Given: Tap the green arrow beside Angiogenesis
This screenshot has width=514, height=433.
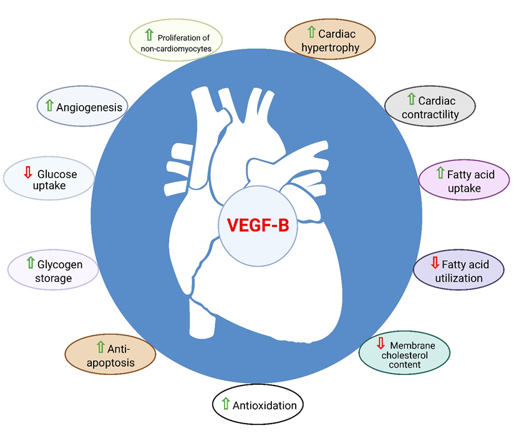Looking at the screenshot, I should click(49, 106).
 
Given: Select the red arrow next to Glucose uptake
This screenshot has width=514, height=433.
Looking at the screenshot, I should click(27, 172).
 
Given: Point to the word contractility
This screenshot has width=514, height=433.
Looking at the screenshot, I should click(430, 114).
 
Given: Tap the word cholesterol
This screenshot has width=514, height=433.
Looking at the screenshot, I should click(406, 356).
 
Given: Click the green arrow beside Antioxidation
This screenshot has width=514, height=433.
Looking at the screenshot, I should click(226, 404).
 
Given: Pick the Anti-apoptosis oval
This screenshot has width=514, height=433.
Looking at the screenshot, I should click(110, 354).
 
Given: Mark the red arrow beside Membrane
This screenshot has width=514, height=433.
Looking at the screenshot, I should click(381, 343).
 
